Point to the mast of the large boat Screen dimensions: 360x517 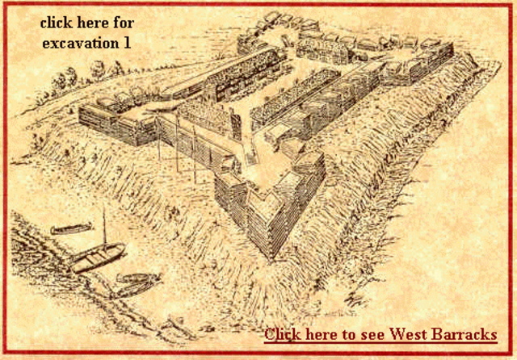(105, 226)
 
